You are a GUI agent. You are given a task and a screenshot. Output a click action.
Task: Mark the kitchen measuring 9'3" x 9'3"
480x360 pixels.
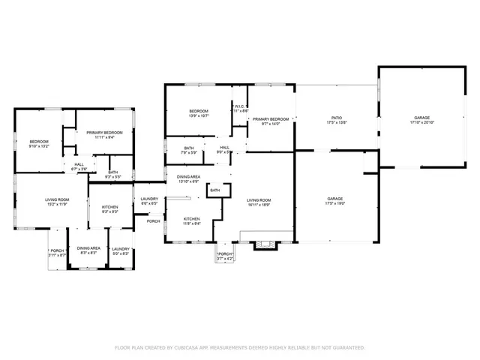coord(110,208)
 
